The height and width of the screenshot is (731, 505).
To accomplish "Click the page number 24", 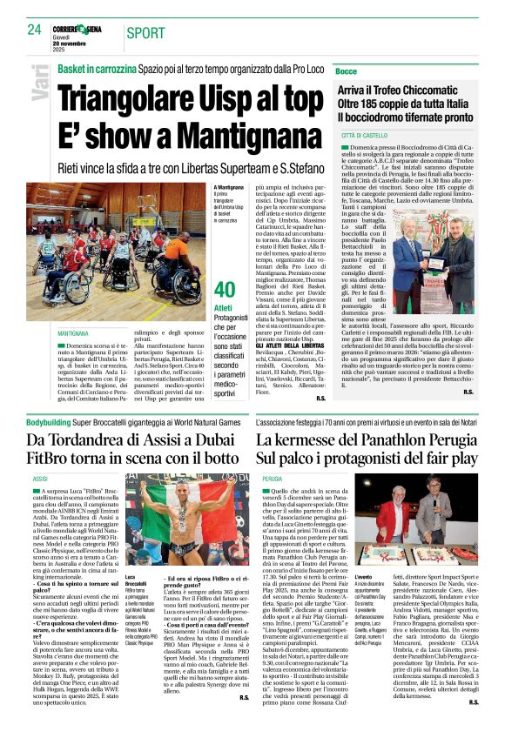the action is pos(34,30).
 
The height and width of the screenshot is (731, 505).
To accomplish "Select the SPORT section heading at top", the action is pos(145,33).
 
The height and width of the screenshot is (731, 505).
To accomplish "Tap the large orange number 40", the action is pos(225,289).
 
